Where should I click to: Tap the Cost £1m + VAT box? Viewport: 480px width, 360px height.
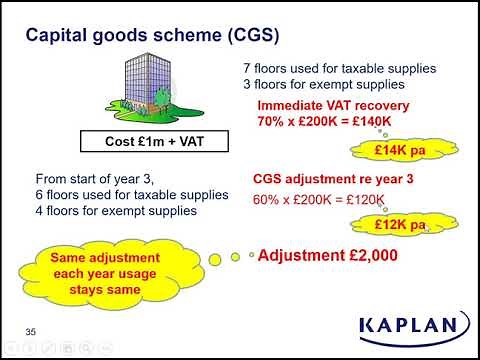click(x=152, y=140)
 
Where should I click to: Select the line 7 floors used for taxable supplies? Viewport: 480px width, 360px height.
click(x=339, y=69)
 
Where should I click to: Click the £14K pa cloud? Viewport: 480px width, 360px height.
click(x=396, y=151)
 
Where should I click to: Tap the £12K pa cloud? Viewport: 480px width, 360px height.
click(x=398, y=224)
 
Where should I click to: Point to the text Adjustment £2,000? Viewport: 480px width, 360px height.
click(x=328, y=256)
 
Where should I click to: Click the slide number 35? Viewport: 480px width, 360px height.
click(x=31, y=330)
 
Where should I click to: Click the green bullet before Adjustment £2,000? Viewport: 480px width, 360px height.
click(x=251, y=255)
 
